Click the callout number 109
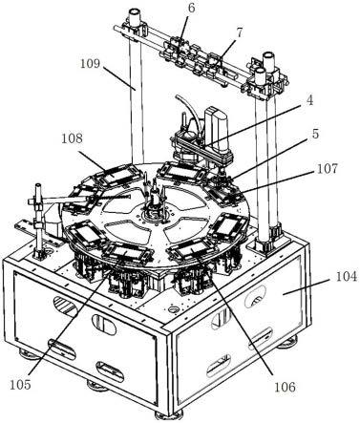90,64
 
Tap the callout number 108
72,138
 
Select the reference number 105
20,385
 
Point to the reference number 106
285,387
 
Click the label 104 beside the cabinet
347,277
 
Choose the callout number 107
328,168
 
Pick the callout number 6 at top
191,9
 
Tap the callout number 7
239,32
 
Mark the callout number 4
309,100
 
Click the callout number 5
315,134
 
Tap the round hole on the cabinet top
174,309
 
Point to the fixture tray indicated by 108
116,175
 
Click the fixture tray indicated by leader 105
126,254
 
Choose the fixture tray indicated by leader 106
193,251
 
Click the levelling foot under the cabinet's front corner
170,415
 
